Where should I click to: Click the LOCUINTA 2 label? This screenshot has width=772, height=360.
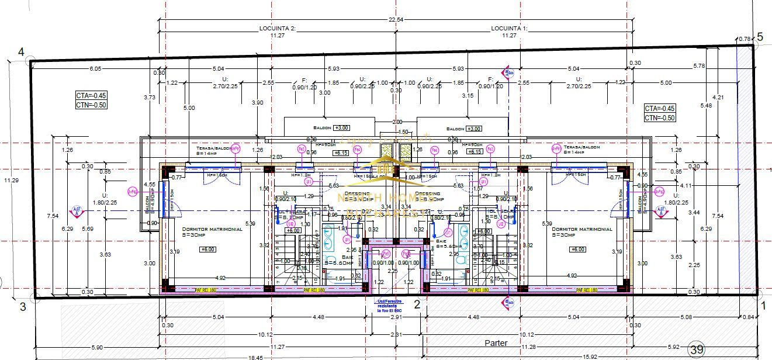coord(278,28)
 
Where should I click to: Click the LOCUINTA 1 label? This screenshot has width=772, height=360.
coord(509,28)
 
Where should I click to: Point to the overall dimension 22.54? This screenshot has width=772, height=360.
coord(396,20)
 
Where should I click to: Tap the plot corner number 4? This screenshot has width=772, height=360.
coord(21,52)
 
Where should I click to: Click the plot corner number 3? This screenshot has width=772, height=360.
coord(23,306)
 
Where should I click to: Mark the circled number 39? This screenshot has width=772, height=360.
coord(696,350)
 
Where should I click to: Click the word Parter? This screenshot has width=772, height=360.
coord(496,343)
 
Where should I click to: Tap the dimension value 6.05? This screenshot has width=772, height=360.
coord(95,68)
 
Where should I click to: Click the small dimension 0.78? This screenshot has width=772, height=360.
coord(745,39)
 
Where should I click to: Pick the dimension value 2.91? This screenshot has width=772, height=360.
coord(396,317)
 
